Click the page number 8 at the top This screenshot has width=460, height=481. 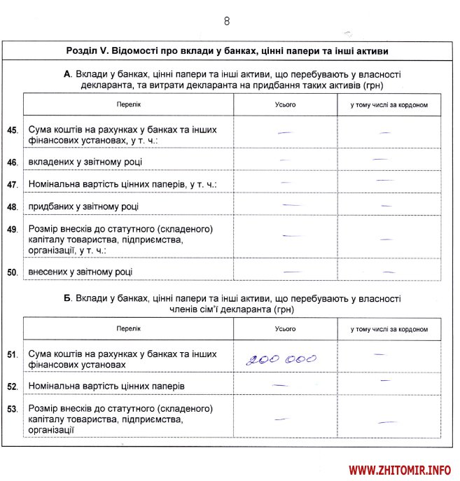click(x=227, y=21)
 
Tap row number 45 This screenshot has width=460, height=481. click(x=12, y=130)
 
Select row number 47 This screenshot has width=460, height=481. click(x=12, y=185)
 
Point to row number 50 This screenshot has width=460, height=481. click(x=12, y=272)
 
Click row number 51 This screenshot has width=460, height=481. click(x=12, y=355)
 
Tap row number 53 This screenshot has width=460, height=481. click(x=12, y=407)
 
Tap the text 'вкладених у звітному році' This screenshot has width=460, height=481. click(x=85, y=162)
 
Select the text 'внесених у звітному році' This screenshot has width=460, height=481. click(x=81, y=272)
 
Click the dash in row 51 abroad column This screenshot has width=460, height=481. click(x=379, y=354)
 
